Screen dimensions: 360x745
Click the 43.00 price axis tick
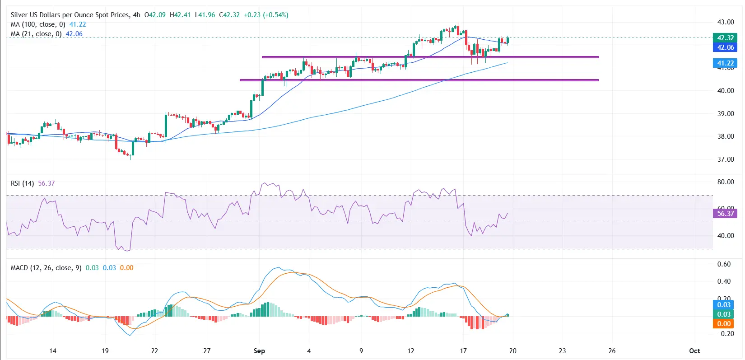(x=726, y=22)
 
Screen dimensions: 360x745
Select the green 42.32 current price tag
(x=725, y=38)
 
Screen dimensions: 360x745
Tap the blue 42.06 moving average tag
(x=725, y=47)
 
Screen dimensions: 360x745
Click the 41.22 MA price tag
(x=725, y=63)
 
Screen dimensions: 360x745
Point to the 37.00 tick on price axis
(x=726, y=159)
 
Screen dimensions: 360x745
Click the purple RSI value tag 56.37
(x=725, y=214)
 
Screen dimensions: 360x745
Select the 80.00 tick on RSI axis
(x=726, y=182)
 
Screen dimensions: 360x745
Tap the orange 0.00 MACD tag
(x=724, y=324)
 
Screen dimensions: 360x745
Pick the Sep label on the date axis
(x=259, y=351)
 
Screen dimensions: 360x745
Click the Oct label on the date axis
(x=694, y=351)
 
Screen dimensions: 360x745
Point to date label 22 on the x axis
(x=154, y=351)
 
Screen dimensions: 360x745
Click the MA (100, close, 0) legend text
(x=38, y=24)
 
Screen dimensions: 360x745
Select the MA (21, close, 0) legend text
(x=36, y=34)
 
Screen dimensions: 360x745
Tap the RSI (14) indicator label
(x=22, y=183)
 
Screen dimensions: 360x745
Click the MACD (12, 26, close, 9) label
(x=46, y=268)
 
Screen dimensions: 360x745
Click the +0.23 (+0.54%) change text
(x=266, y=15)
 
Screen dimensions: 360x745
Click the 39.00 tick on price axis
(x=726, y=114)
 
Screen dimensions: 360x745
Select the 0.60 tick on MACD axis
(x=724, y=264)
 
